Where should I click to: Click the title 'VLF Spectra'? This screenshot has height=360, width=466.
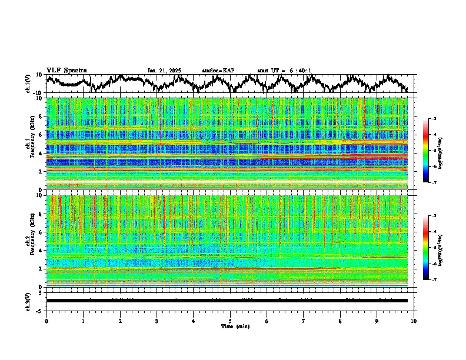66,70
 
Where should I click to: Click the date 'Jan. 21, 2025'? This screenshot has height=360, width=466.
164,71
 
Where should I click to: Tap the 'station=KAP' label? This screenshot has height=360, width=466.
218,71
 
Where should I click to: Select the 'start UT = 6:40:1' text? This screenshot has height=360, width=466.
284,71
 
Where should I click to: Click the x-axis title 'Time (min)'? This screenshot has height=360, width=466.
230,326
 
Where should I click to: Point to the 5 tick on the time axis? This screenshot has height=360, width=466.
230,320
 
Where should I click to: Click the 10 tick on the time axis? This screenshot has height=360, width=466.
414,320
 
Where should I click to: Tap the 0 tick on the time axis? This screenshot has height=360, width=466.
46,320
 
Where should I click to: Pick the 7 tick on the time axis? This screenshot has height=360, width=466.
304,320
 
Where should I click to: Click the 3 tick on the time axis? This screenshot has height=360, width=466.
157,320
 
